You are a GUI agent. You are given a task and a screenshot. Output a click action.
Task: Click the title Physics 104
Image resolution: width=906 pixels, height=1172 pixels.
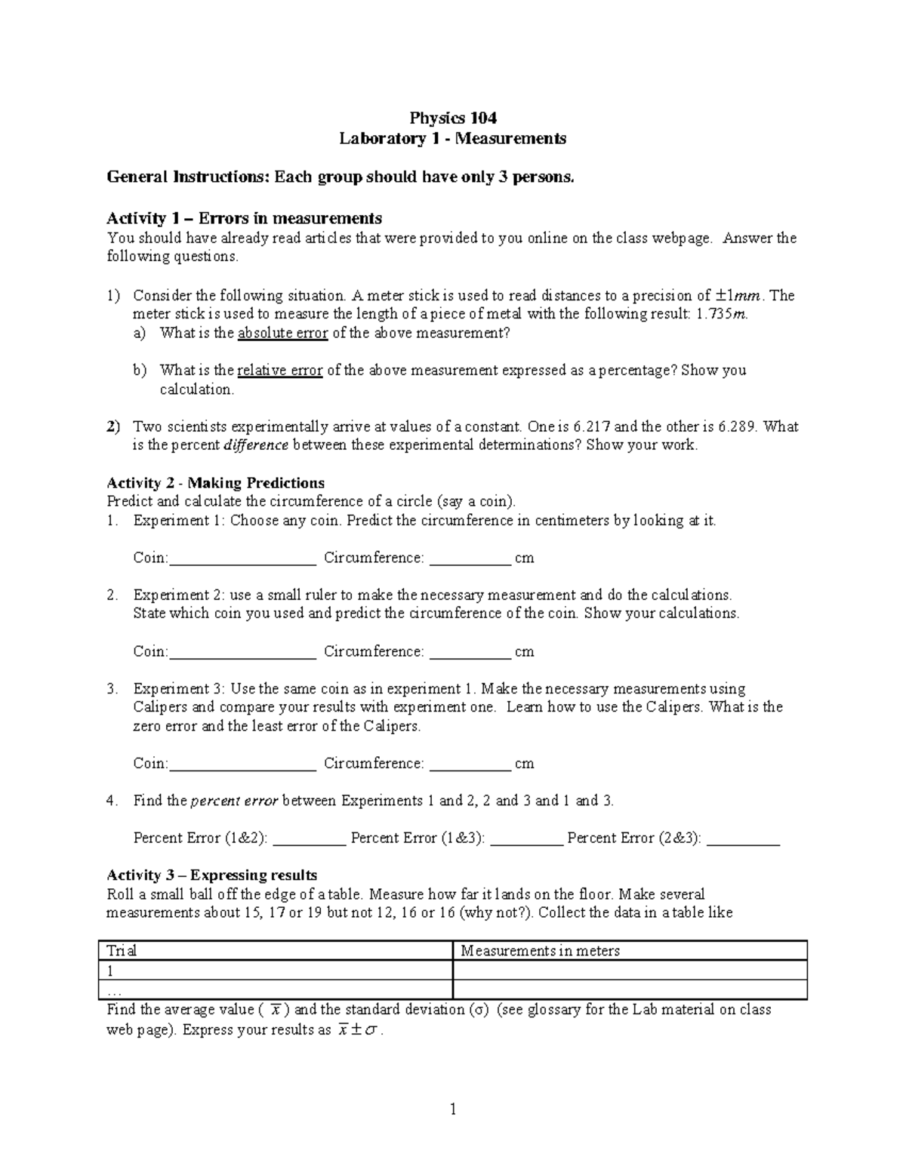(x=452, y=118)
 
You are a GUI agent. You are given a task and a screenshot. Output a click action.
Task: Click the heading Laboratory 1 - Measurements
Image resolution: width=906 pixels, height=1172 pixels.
(x=452, y=138)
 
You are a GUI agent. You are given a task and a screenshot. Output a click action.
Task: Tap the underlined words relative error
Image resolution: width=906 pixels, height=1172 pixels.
(x=279, y=371)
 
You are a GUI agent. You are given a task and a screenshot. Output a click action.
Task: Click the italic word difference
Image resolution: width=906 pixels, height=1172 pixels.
(x=256, y=445)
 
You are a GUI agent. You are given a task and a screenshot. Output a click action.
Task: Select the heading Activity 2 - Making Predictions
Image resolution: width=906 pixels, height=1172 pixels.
(x=215, y=483)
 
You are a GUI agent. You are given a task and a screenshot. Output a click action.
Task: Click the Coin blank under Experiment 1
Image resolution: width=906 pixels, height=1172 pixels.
(x=243, y=559)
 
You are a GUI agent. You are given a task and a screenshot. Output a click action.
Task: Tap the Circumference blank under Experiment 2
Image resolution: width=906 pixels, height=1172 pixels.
(x=470, y=653)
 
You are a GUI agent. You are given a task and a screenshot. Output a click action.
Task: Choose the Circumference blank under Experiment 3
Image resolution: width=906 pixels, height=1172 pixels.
(x=470, y=764)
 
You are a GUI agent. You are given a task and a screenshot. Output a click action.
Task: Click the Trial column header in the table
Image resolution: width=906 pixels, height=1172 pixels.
(x=122, y=951)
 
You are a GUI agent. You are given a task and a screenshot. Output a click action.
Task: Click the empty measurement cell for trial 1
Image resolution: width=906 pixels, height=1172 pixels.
(x=629, y=971)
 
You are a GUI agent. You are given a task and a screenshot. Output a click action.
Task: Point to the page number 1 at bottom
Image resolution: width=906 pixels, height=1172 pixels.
(x=453, y=1109)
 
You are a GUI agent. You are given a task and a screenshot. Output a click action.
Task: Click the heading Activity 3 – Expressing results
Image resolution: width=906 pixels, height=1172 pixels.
(x=211, y=875)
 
